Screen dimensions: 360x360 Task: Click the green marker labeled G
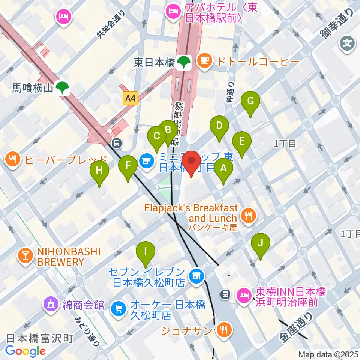click(250, 101)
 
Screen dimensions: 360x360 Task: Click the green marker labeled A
click(223, 169)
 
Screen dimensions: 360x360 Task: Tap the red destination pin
click(192, 161)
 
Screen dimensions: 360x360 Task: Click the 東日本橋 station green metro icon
click(184, 61)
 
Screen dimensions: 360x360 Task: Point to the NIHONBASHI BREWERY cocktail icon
click(26, 256)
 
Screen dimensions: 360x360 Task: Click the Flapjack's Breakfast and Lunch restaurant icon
click(248, 215)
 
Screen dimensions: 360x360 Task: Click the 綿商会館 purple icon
click(51, 303)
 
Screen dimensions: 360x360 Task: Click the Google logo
click(25, 351)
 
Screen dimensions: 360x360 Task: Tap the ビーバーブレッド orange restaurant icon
click(13, 160)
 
